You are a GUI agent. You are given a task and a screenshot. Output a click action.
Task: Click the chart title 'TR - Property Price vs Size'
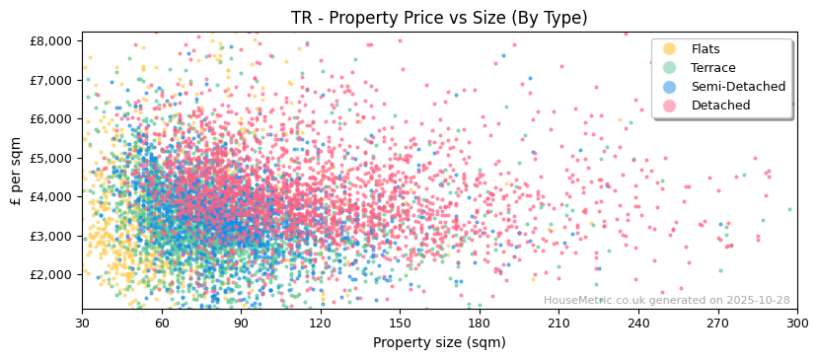[439, 18]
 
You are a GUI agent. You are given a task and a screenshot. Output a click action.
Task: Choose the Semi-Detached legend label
[738, 87]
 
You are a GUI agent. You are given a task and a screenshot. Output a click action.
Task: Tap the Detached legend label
[721, 106]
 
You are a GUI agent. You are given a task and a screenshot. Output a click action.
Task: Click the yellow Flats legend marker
[670, 49]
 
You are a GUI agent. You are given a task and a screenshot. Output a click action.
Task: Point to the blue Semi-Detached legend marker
[670, 87]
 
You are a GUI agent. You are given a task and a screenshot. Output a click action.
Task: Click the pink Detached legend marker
[670, 106]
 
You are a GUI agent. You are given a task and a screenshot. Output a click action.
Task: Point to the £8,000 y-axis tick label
[51, 40]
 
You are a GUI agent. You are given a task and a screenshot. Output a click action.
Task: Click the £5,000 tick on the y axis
[51, 158]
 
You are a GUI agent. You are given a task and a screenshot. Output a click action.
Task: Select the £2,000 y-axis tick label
[51, 274]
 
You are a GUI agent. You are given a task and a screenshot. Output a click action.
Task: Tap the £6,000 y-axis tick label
[51, 118]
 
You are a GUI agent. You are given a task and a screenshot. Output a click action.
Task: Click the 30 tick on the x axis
[82, 323]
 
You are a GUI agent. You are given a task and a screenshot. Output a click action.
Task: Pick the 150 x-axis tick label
[400, 323]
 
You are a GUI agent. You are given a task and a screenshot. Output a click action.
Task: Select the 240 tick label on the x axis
[638, 323]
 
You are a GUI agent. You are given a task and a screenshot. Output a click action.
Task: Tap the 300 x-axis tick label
[796, 323]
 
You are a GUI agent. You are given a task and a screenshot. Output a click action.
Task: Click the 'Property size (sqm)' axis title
[439, 342]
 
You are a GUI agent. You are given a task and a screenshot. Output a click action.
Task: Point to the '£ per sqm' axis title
[17, 172]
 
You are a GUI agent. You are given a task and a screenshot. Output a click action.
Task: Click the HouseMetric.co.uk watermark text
[666, 300]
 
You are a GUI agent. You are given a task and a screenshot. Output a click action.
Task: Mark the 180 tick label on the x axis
[480, 323]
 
